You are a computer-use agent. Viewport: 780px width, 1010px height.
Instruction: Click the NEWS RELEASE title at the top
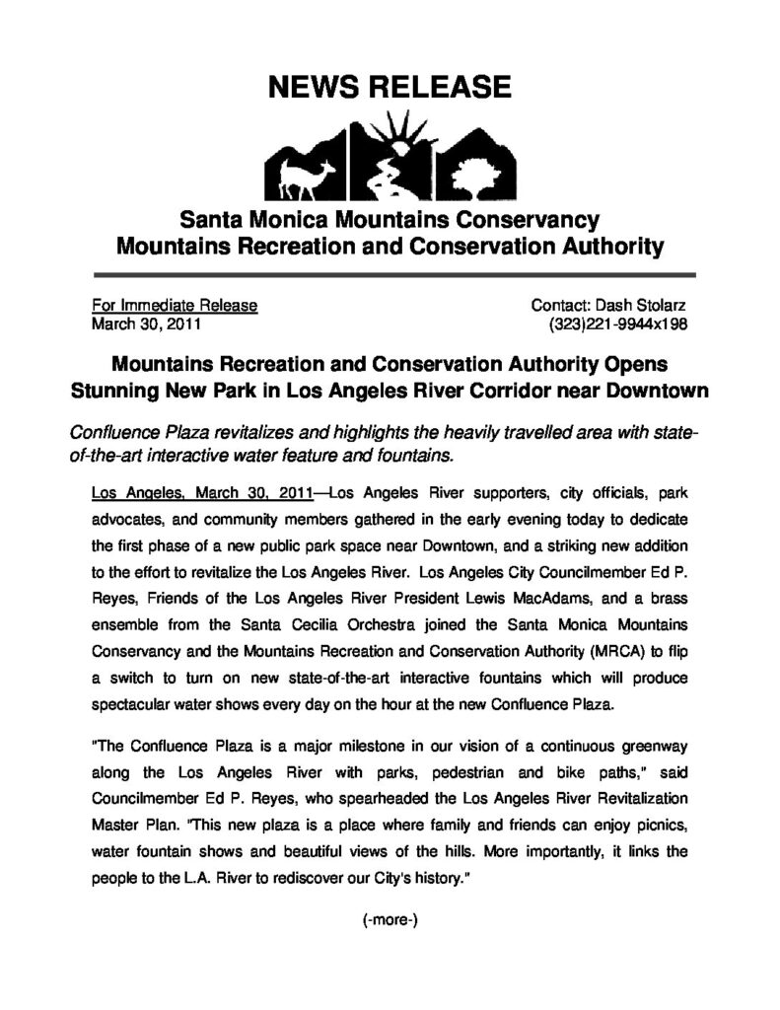tap(390, 89)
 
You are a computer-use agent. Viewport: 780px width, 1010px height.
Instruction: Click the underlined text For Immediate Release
tap(175, 306)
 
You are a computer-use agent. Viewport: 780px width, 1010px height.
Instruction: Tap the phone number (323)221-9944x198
tap(618, 323)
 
